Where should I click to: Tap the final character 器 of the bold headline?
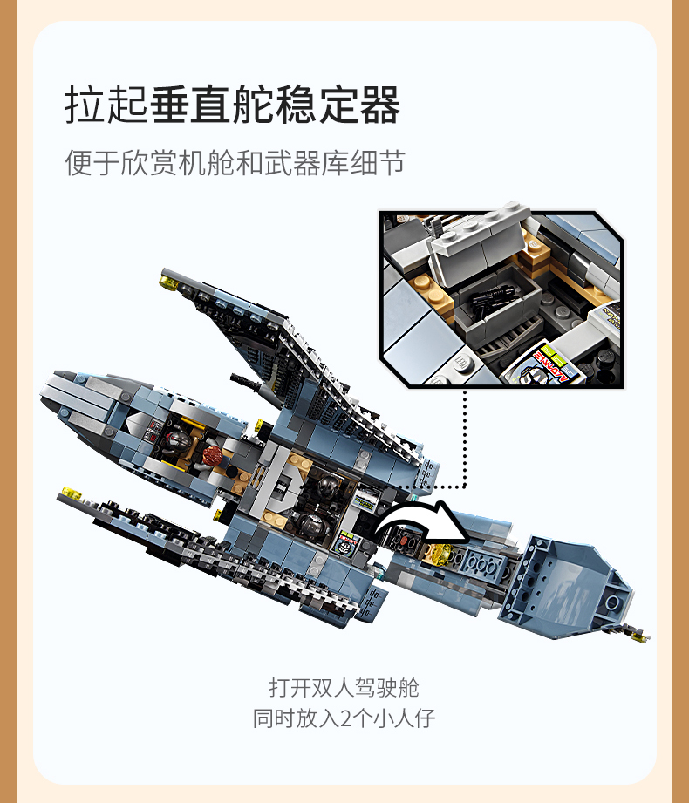(x=380, y=105)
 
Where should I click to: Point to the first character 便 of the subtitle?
(x=78, y=163)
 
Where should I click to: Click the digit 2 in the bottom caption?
(x=346, y=718)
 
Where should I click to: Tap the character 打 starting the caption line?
(x=280, y=688)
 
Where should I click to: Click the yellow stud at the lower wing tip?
(x=70, y=493)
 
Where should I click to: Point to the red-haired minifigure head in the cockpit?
(x=212, y=455)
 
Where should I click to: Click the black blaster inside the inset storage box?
(x=488, y=298)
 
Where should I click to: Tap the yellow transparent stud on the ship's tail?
(x=440, y=554)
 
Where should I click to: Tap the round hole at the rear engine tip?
(x=611, y=602)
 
